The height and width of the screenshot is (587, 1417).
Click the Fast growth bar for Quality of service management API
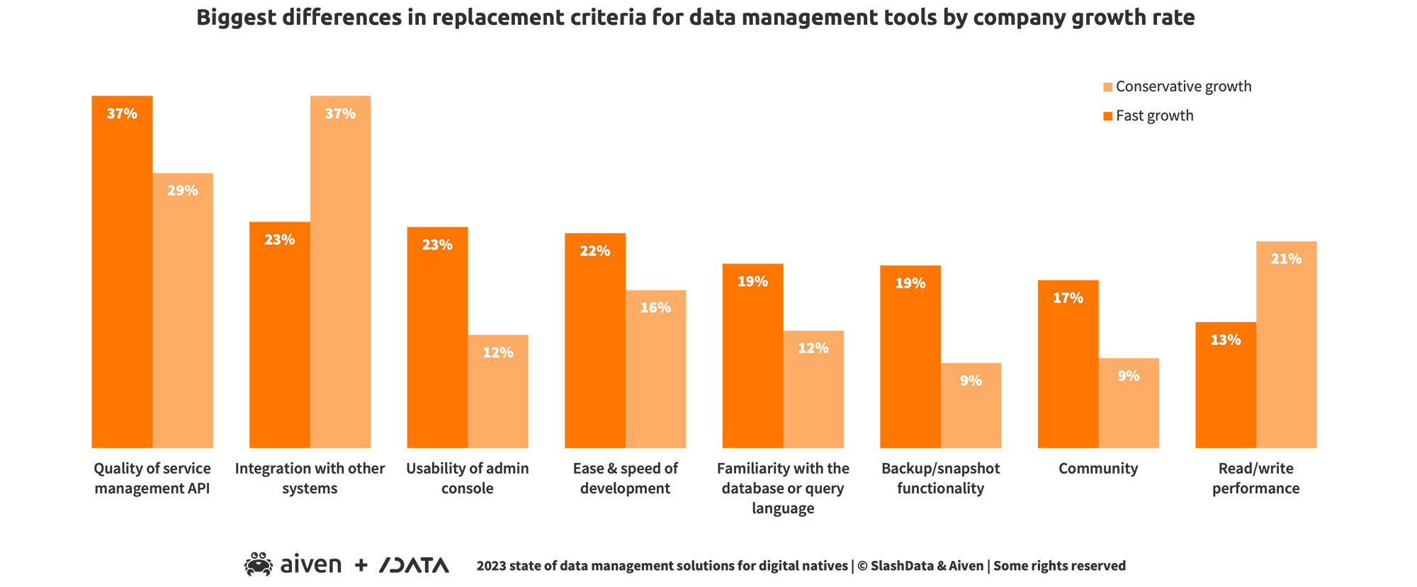[x=122, y=272]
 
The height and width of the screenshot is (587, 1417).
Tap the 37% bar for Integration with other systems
[x=340, y=272]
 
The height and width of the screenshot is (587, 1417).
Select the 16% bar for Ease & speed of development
[x=655, y=368]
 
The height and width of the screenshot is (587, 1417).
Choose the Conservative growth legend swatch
[x=1108, y=87]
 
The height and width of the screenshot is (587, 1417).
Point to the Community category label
[x=1098, y=469]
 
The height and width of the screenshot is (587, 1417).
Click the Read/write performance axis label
[x=1255, y=479]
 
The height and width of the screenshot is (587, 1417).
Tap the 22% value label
[x=594, y=251]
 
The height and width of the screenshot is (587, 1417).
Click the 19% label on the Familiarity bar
[x=752, y=282]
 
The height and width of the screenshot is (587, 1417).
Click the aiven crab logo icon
[x=259, y=564]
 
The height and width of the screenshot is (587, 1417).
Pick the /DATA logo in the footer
[x=414, y=565]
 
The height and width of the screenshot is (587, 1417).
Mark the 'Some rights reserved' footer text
[x=1059, y=566]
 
